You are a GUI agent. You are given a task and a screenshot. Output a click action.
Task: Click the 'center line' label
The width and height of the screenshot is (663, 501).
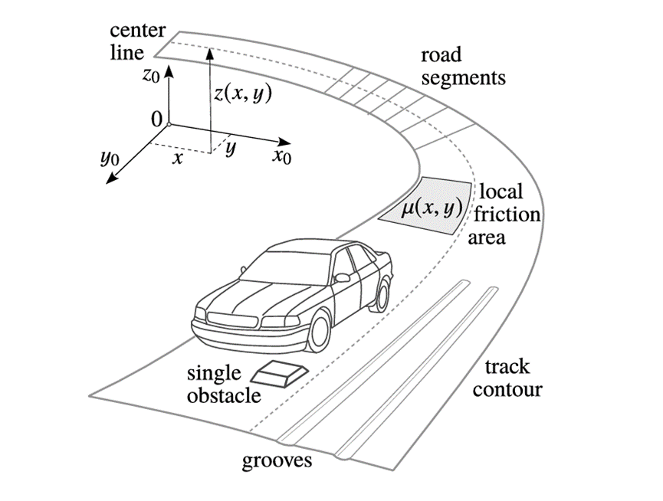(137, 41)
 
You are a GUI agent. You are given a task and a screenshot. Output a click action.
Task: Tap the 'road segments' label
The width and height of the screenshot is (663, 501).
(463, 67)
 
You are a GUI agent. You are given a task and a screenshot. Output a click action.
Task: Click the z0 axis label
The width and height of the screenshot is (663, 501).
(151, 75)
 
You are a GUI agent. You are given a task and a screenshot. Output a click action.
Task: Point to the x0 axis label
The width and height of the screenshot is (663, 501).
(282, 156)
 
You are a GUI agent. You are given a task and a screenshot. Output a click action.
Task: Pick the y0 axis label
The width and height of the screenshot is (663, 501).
(110, 158)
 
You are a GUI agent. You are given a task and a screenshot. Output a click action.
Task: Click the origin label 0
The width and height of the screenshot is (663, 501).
(156, 120)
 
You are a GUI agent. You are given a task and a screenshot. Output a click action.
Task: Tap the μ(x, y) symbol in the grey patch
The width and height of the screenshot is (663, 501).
(432, 208)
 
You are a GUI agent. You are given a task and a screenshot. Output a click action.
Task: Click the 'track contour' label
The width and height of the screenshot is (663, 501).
(507, 378)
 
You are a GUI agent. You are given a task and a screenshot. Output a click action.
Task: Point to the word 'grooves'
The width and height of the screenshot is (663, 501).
(277, 460)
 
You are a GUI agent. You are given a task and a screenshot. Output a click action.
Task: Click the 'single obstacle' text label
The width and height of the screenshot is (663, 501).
(224, 385)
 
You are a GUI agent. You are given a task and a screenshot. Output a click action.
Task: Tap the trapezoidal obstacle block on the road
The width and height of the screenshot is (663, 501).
(280, 373)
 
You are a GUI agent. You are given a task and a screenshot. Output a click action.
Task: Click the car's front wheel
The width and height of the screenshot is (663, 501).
(319, 331)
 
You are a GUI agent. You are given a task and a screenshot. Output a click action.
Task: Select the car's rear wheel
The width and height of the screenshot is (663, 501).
(382, 294)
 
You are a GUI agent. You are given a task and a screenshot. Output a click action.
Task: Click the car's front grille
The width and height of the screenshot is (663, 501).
(232, 319)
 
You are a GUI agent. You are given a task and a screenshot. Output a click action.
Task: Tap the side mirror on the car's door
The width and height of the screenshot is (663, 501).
(342, 277)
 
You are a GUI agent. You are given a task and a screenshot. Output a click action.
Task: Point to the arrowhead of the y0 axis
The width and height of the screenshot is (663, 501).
(111, 179)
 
